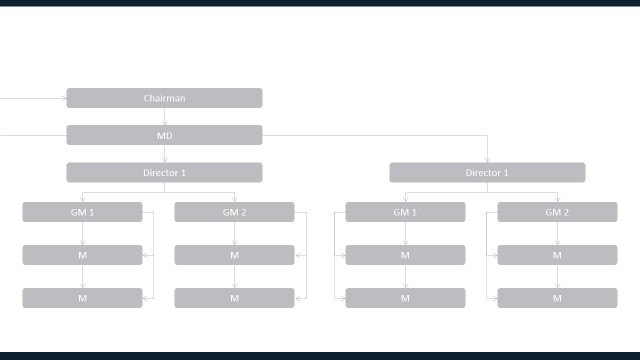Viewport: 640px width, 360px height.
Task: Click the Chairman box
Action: tap(164, 98)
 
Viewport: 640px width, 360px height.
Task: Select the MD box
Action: tap(164, 135)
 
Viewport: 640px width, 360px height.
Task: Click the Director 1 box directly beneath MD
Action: tap(164, 173)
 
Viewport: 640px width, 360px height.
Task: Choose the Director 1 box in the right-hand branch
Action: tap(487, 173)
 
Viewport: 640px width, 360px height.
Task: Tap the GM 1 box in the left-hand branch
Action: tap(82, 212)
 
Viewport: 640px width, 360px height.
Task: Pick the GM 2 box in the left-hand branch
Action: tap(234, 212)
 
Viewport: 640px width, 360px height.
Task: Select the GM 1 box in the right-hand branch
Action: tap(405, 212)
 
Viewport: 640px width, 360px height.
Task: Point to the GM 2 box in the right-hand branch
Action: tap(557, 212)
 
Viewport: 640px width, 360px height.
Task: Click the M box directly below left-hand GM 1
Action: tap(82, 255)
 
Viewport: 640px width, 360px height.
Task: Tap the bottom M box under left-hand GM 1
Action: tap(82, 298)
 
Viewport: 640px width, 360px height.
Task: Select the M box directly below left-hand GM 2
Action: tap(234, 255)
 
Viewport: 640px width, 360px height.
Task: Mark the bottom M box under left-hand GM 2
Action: tap(234, 298)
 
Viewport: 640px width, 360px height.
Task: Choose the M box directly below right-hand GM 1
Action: tap(405, 255)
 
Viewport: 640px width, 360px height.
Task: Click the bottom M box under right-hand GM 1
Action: tap(405, 298)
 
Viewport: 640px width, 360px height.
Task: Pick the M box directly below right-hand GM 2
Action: tap(557, 255)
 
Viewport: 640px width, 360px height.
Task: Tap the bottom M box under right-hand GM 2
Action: tap(557, 298)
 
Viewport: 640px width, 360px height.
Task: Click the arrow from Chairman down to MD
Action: tap(164, 117)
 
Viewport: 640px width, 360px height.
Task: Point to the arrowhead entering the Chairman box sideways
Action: tap(62, 98)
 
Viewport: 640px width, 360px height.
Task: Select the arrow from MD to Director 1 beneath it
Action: tap(164, 154)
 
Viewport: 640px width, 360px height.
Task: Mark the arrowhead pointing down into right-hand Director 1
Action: tap(487, 160)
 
